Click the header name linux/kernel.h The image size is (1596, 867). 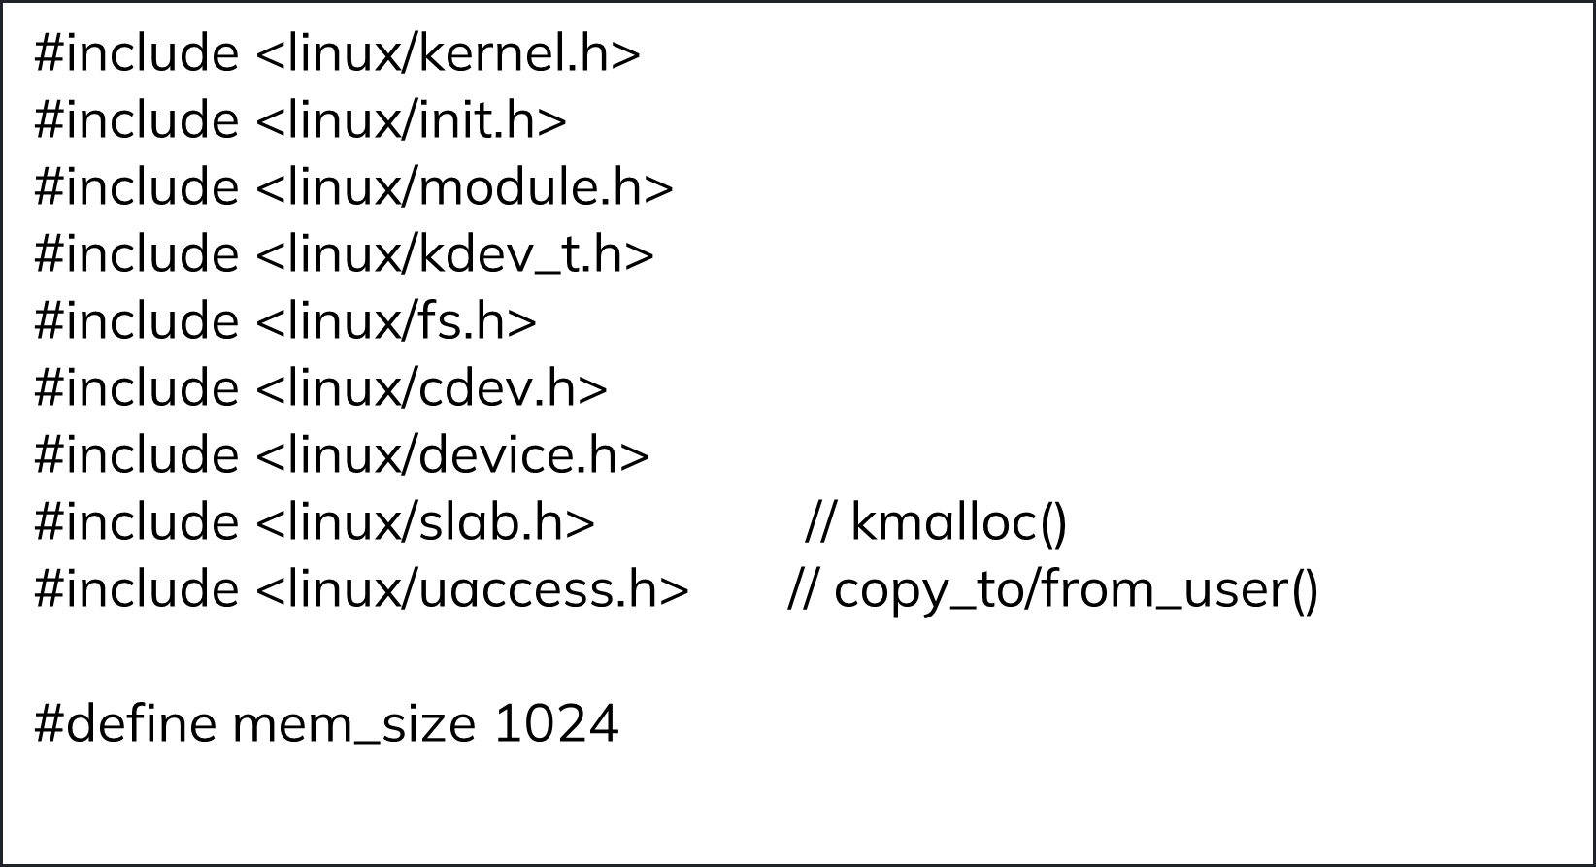tap(449, 53)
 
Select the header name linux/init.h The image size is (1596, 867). tap(412, 120)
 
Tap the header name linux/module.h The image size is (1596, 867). tap(465, 187)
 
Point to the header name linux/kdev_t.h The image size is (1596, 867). tap(455, 254)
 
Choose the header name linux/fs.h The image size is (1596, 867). tap(396, 321)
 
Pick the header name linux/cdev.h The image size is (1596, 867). tap(432, 388)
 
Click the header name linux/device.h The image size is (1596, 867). tap(452, 455)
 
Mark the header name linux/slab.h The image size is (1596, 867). tap(425, 522)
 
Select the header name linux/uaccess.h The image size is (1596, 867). tap(473, 589)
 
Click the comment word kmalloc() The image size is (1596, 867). tap(958, 522)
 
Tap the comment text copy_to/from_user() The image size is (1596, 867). tap(1076, 589)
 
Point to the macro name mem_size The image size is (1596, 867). tap(353, 724)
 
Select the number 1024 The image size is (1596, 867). tap(556, 724)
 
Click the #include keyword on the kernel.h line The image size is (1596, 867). tap(136, 53)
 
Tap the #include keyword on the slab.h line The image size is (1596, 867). tap(136, 522)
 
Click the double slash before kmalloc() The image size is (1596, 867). tap(819, 522)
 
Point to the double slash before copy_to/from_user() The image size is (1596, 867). tap(802, 589)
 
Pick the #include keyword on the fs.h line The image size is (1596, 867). tap(136, 321)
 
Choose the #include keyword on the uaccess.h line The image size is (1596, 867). tap(136, 589)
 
